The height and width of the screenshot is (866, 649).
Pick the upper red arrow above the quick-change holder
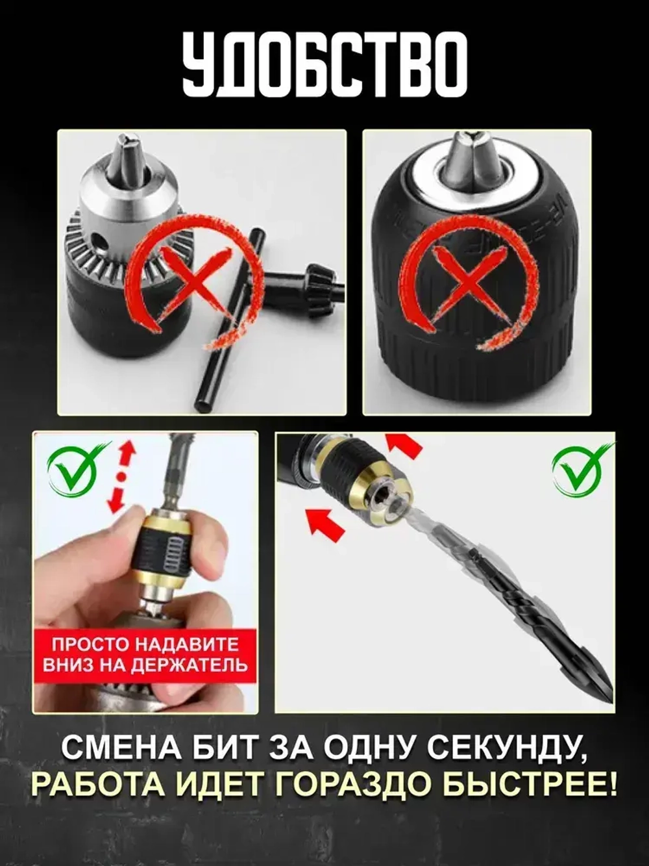pyautogui.click(x=404, y=445)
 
